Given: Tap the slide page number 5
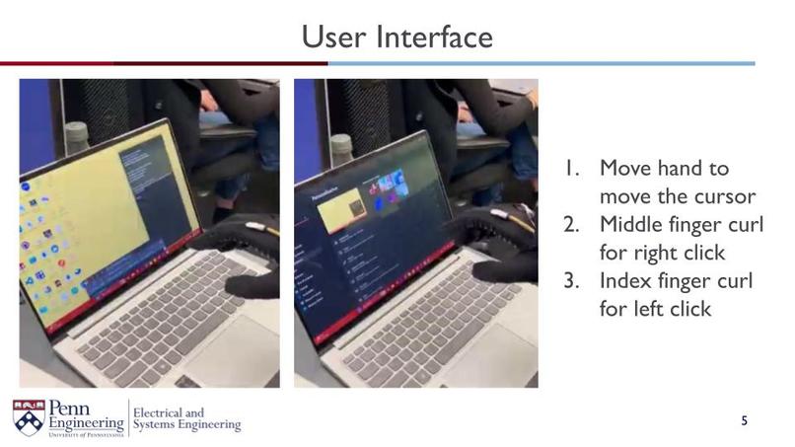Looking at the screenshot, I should pos(745,421).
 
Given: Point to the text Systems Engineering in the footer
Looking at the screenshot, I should pos(186,425).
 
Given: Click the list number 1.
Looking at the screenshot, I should pos(572,169).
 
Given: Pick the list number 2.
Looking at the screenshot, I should pos(571,224).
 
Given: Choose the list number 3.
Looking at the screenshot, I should pos(571,281).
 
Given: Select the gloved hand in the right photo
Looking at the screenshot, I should pos(498,242).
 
